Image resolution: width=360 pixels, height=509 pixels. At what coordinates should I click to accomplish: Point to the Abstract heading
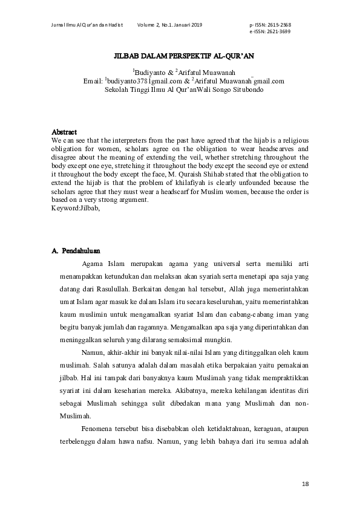64,131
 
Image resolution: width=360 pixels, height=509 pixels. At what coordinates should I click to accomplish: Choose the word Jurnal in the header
59,24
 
